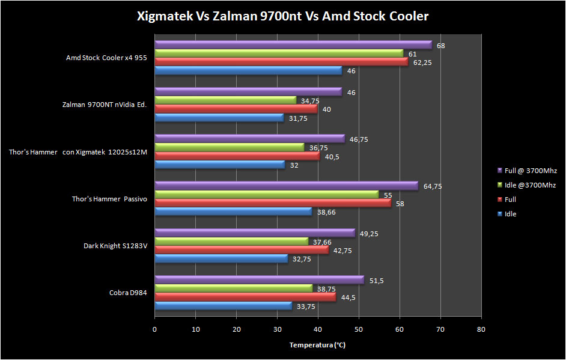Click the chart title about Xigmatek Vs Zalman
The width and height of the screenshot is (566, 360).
(282, 16)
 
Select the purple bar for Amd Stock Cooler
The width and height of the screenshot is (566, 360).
(293, 45)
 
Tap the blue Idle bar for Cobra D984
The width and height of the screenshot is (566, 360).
(223, 306)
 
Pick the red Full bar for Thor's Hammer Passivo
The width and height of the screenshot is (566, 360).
(273, 203)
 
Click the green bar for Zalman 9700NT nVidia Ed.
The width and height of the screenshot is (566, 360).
(226, 100)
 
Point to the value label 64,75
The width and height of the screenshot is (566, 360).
(433, 186)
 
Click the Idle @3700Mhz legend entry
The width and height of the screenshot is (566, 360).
(526, 185)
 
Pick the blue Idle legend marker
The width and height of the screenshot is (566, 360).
(500, 214)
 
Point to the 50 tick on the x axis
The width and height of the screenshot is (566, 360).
(359, 329)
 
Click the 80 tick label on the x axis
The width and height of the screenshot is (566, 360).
(481, 329)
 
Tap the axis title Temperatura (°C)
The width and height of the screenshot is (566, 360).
(317, 345)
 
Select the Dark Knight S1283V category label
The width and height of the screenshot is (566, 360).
(115, 246)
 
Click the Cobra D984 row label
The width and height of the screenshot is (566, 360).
(128, 293)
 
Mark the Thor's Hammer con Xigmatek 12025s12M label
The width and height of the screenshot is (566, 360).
(78, 152)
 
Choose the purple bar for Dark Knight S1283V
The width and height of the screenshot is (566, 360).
(255, 233)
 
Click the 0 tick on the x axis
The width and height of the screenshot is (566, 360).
(155, 329)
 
